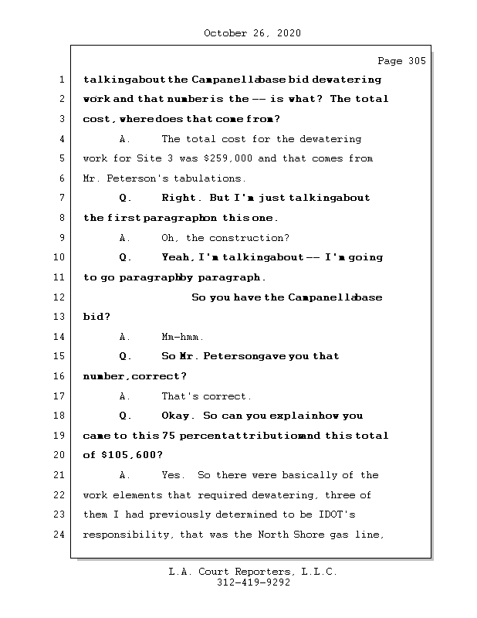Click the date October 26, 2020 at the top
pyautogui.click(x=252, y=33)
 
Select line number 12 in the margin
pyautogui.click(x=59, y=297)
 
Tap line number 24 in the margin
pyautogui.click(x=59, y=535)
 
